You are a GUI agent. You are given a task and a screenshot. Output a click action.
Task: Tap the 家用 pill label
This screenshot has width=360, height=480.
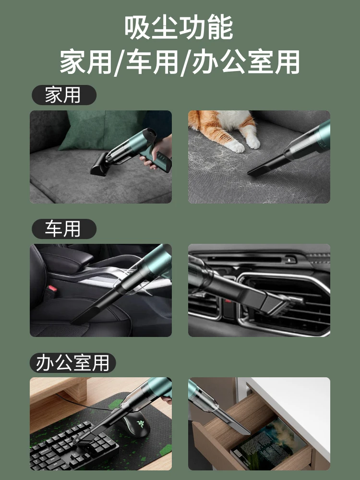(x=64, y=95)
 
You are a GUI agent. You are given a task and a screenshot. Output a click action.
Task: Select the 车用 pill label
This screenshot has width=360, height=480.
(x=64, y=228)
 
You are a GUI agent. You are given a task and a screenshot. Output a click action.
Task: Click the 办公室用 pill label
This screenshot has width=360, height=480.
(x=72, y=363)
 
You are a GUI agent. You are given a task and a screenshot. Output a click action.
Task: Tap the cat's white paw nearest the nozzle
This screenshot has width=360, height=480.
(x=253, y=143)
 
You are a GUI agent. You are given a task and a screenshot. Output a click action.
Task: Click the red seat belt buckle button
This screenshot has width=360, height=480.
(x=51, y=288)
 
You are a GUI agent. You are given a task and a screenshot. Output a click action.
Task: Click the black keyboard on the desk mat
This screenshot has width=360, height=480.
(x=73, y=445)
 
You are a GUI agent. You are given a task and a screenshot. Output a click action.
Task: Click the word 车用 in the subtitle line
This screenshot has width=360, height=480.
(x=152, y=62)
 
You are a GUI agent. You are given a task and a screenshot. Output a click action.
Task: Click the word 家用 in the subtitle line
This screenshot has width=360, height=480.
(x=86, y=62)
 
